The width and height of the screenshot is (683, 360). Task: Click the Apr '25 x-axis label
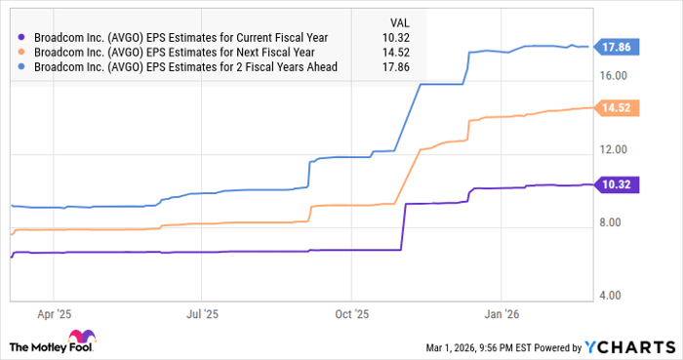[53, 315]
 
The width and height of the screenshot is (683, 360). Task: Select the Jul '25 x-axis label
[201, 315]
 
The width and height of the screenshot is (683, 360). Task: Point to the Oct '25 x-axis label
[351, 315]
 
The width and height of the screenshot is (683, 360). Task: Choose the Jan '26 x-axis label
[501, 315]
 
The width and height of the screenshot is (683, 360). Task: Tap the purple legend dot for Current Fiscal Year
[20, 37]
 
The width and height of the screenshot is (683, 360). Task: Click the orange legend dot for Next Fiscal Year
[20, 52]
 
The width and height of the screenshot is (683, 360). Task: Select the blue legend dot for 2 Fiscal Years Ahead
[20, 66]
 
